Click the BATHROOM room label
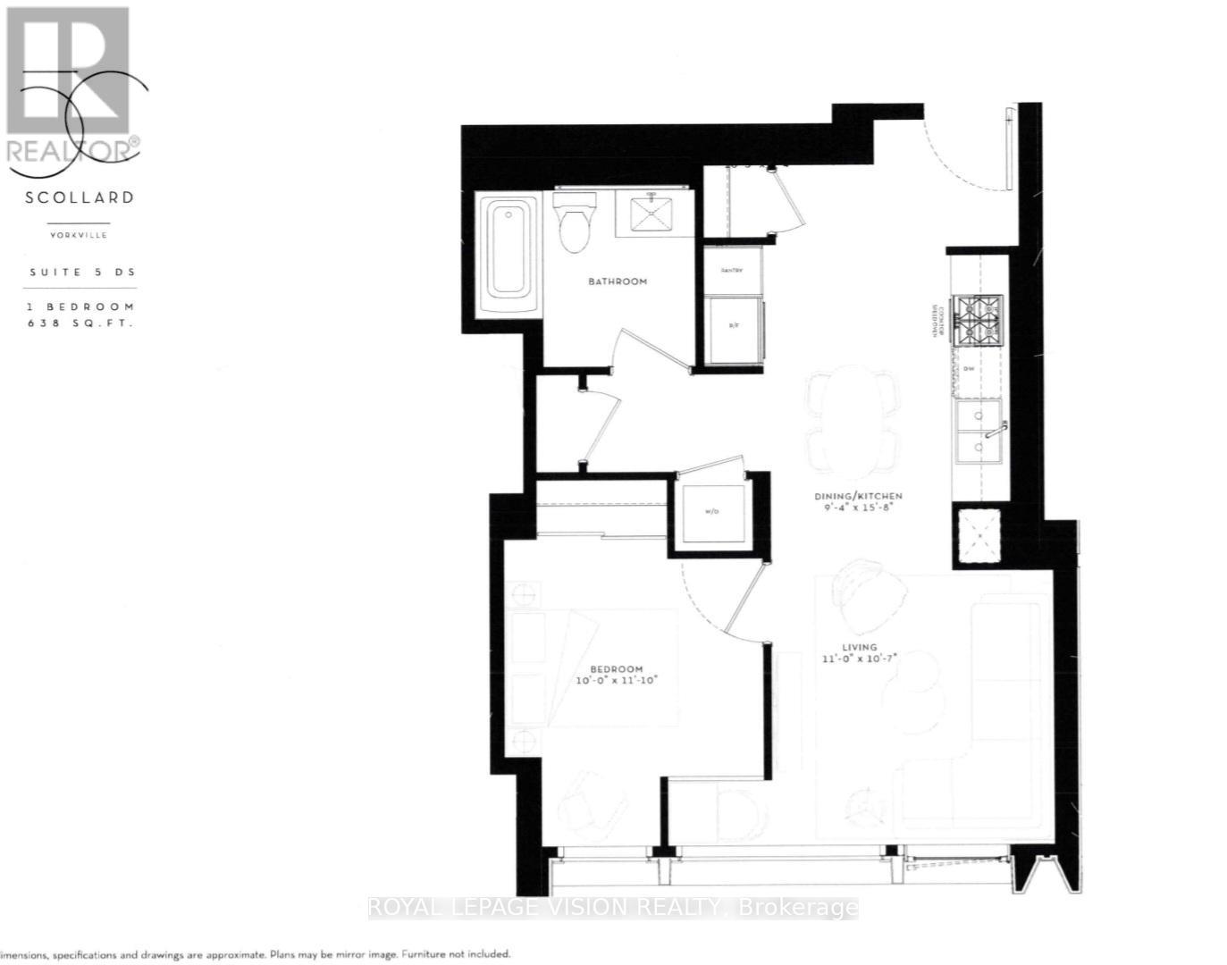pyautogui.click(x=617, y=281)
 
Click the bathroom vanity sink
pyautogui.click(x=654, y=214)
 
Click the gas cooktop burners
pyautogui.click(x=979, y=319)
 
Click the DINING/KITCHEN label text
pyautogui.click(x=857, y=496)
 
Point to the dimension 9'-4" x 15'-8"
pyautogui.click(x=857, y=508)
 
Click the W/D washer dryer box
pyautogui.click(x=712, y=512)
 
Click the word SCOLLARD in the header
pyautogui.click(x=80, y=197)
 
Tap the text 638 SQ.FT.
pyautogui.click(x=80, y=323)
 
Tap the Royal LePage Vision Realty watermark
pyautogui.click(x=613, y=909)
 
